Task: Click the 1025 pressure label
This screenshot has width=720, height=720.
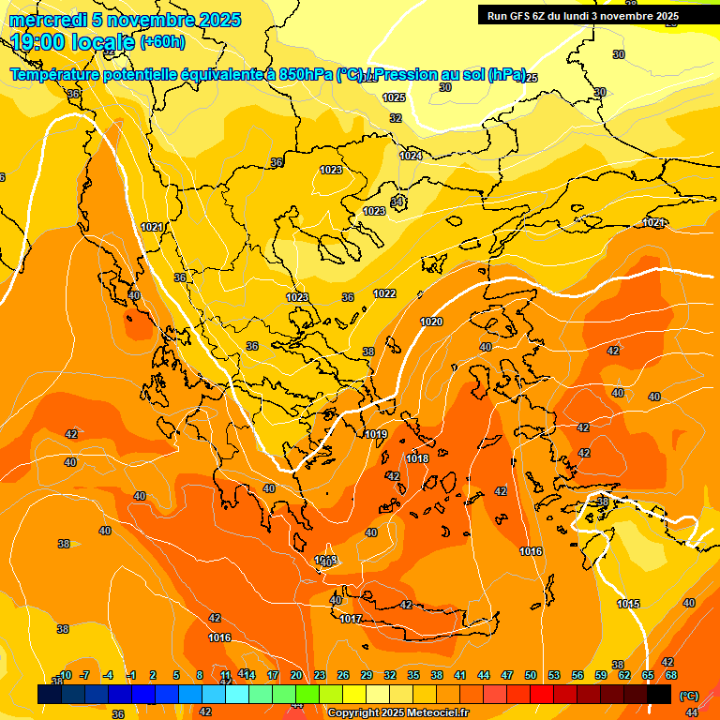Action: [x=394, y=97]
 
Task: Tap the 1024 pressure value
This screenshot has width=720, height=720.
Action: [x=410, y=156]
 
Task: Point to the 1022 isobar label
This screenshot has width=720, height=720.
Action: [x=384, y=293]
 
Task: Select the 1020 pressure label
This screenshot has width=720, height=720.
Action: [x=431, y=322]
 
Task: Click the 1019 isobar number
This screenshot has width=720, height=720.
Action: [x=376, y=434]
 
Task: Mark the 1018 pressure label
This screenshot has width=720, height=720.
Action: [x=418, y=458]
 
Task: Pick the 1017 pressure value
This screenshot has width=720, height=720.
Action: [x=351, y=619]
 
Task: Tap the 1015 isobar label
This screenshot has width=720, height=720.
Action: [x=628, y=604]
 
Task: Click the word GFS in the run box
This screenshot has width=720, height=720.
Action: [x=524, y=16]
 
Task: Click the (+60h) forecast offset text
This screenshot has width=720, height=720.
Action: [x=162, y=42]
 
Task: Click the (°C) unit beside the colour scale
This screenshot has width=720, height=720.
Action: [x=688, y=695]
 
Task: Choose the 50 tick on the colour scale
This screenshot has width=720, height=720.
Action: [x=531, y=675]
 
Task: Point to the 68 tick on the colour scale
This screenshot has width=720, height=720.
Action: [x=671, y=675]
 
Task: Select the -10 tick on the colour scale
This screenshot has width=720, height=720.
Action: [x=64, y=675]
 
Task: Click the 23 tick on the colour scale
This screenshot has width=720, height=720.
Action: [x=320, y=675]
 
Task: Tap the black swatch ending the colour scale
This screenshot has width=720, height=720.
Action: [x=659, y=694]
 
